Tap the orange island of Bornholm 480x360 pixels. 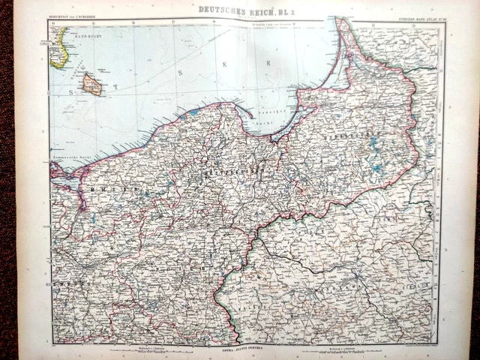tap(92, 85)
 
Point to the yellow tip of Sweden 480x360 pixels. tap(58, 46)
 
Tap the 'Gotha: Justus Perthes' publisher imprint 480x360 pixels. tap(240, 349)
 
